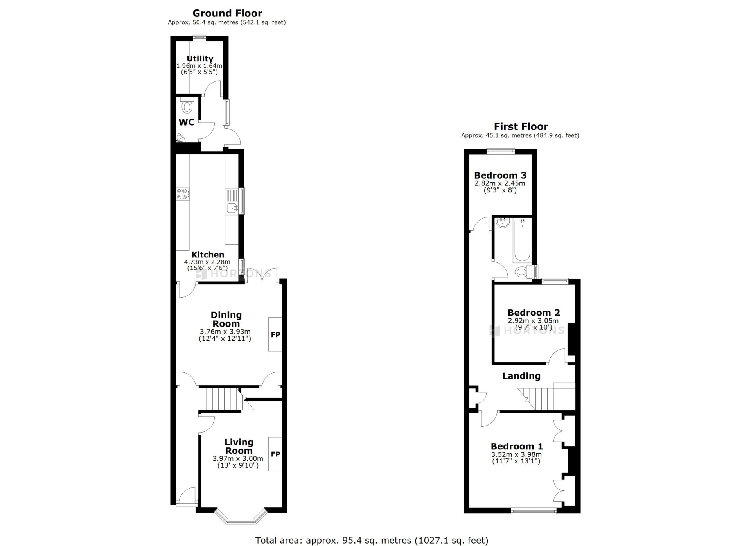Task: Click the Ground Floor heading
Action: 227,13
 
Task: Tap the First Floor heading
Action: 521,126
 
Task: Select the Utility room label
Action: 200,59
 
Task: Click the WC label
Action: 187,122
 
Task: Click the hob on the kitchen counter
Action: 183,193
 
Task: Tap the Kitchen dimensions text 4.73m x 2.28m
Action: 207,262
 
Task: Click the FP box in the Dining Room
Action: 275,334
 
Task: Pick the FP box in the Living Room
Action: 275,454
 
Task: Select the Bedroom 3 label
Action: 500,175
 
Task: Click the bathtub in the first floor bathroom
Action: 522,241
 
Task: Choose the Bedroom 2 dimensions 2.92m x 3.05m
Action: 533,321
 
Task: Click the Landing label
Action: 521,376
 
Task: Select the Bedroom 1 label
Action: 517,446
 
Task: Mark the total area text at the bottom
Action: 372,541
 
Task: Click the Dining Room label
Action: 226,319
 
